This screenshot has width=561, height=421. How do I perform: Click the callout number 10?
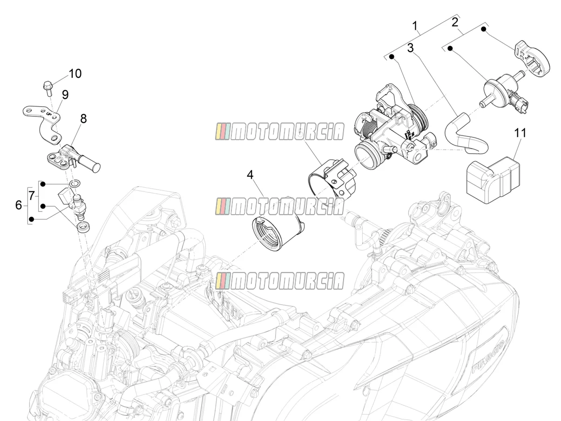(x=75, y=74)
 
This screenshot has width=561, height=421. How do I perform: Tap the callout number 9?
(x=65, y=95)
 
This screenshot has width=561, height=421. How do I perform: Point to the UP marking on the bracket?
(x=49, y=113)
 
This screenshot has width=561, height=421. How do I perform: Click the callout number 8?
(x=83, y=119)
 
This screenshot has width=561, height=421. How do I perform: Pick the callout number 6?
(x=19, y=205)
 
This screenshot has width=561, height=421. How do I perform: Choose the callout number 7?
(x=32, y=196)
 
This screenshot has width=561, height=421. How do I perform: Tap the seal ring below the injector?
(x=83, y=228)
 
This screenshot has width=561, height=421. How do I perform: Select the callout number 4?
(x=250, y=175)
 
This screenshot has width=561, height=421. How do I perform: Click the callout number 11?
(x=520, y=133)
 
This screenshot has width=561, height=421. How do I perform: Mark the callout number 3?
(x=410, y=48)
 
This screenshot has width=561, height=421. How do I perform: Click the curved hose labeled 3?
(x=466, y=134)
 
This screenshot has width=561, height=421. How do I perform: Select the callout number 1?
(x=415, y=26)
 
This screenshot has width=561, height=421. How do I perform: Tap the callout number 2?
(x=455, y=22)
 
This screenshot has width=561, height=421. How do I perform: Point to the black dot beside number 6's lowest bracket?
(x=32, y=219)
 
